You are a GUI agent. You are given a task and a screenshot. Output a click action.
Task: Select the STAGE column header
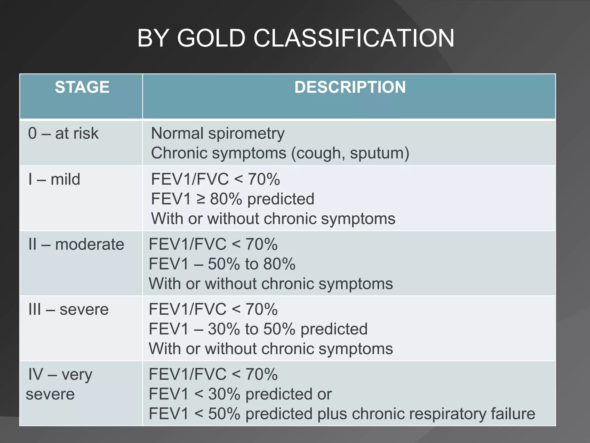[82, 87]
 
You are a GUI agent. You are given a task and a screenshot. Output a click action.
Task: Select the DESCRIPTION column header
[350, 87]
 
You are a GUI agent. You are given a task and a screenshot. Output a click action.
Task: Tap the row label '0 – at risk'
[63, 134]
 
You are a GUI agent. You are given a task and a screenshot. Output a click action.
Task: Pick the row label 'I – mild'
[54, 179]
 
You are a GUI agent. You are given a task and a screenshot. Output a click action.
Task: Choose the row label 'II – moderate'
[76, 245]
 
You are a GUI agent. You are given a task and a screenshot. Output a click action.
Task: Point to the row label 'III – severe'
[69, 309]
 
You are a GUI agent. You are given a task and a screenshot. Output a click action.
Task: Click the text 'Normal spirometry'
[218, 134]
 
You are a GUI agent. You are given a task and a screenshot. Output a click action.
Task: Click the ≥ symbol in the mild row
[201, 199]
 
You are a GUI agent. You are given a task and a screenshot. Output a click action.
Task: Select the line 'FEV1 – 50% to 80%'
[222, 264]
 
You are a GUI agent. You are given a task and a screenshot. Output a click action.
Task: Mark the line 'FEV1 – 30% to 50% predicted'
[258, 329]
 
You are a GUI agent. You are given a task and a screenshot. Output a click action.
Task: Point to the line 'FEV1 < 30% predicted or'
[240, 394]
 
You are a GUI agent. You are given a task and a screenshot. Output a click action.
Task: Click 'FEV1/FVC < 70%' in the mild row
[215, 179]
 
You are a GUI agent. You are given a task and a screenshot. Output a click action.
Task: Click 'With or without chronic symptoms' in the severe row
[271, 349]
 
